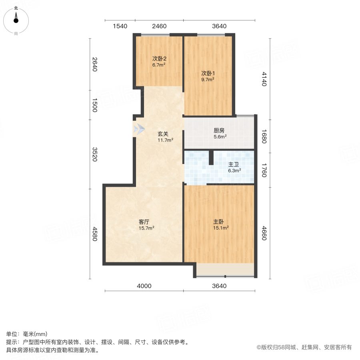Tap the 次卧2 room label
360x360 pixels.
pos(159,58)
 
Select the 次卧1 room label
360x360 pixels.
pos(208,74)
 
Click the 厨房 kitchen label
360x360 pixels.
pos(220,130)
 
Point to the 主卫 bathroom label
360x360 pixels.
pos(234,164)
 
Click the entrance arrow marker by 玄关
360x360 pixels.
pos(139,129)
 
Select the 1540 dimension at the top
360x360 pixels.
pos(120,26)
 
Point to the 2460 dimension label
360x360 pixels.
pos(159,26)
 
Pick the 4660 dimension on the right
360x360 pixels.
pos(264,233)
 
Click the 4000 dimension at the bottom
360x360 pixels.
pos(144,286)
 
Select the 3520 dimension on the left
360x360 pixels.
pos(95,154)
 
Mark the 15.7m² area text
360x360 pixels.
pos(146,228)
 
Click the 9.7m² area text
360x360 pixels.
pos(208,80)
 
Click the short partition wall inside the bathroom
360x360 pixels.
pos(211,158)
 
